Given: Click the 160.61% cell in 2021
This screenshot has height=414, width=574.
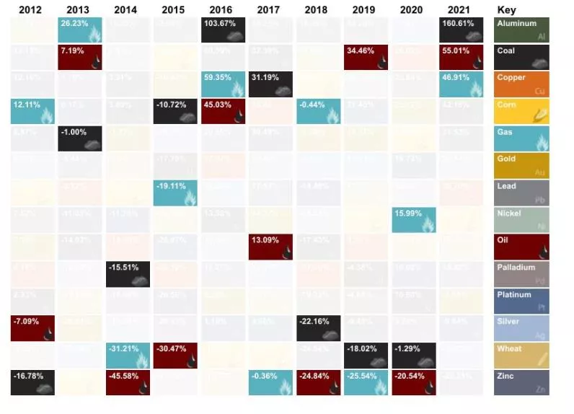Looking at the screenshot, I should click(x=462, y=30).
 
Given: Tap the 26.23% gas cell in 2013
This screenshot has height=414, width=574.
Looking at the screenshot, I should click(x=80, y=30).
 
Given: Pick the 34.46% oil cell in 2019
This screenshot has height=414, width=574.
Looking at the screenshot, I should click(x=366, y=58).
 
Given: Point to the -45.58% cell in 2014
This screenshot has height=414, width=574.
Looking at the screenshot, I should click(x=128, y=382).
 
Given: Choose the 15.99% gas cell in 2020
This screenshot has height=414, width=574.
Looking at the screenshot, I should click(x=414, y=220).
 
